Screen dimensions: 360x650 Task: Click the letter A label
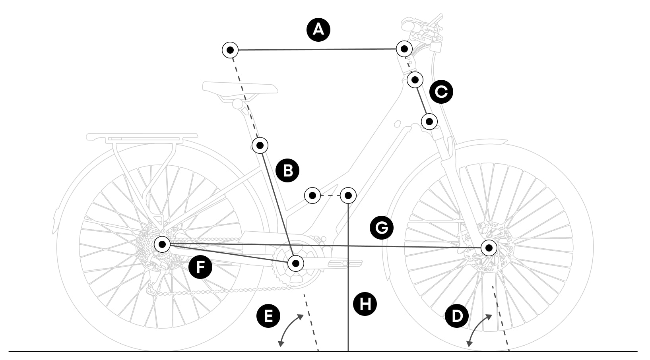point(318,30)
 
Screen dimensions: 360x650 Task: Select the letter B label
point(288,171)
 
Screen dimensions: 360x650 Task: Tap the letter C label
point(441,92)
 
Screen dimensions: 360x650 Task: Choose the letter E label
point(268,316)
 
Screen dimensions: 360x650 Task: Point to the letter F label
point(200,267)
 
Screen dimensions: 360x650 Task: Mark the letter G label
point(381,228)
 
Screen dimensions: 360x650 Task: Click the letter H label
point(365,304)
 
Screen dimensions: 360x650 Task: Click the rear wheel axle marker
point(162,244)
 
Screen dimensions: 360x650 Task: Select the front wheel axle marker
point(489,248)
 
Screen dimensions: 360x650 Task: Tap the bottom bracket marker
point(295,263)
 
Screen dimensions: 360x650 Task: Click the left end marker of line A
point(230,50)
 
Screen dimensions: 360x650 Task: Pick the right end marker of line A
point(404,49)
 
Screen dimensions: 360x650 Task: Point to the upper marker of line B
point(260,145)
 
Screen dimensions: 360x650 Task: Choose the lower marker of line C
point(429,121)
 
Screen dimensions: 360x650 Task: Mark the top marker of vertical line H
point(348,195)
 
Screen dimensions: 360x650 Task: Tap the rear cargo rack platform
point(142,137)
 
